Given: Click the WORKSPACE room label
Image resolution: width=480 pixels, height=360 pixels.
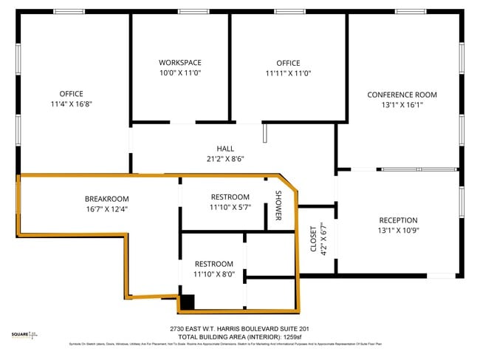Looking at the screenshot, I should pos(179,63).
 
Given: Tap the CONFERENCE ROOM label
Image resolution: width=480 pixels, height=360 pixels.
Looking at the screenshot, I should pos(402,95).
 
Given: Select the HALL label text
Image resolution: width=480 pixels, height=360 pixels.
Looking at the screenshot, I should pos(225,149).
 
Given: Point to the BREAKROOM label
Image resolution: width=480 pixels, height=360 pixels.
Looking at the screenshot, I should pos(106,199).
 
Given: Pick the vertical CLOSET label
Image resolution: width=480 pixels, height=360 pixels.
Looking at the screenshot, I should pos(312,239).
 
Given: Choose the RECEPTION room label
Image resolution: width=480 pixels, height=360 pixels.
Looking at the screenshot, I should pos(398,220).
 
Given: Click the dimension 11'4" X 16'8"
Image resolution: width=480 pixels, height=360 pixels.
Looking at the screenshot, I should pos(71,104).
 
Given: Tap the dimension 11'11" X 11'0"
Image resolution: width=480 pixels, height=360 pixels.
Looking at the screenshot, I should pos(288,73).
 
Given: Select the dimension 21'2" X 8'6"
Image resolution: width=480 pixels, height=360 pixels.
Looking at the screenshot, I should pos(225,159).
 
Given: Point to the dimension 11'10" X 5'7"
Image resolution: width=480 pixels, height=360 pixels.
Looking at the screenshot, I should pos(230,207).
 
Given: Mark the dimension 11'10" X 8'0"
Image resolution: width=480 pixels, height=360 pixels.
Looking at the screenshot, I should pos(213,274).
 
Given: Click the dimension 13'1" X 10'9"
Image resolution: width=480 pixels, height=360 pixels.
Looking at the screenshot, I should pos(398,231).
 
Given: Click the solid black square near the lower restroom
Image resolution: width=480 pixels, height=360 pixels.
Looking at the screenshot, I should pos(188,302).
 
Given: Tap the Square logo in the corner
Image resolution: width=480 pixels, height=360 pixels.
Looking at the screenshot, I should pos(23,336).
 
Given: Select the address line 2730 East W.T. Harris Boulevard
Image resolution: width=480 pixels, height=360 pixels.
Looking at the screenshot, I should pos(239,328).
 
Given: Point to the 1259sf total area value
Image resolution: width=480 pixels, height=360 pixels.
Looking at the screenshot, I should pos(293,336).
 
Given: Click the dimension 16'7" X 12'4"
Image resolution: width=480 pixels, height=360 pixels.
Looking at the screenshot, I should pos(106,209).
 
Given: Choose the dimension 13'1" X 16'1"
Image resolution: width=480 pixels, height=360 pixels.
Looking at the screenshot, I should pos(402,105).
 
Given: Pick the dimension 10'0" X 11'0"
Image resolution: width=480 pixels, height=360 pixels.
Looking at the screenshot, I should pos(179,73).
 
